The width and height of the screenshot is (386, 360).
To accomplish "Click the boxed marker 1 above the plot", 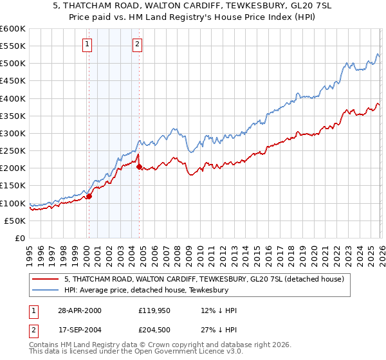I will pyautogui.click(x=87, y=44).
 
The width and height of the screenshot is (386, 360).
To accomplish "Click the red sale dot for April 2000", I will pyautogui.click(x=89, y=196).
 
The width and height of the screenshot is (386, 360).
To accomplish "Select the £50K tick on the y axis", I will pyautogui.click(x=15, y=221).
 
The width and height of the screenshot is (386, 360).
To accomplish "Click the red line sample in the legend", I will pyautogui.click(x=45, y=279).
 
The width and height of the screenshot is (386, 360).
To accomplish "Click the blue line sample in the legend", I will pyautogui.click(x=45, y=291).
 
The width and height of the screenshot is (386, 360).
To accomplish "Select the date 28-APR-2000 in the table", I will pyautogui.click(x=78, y=310).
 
